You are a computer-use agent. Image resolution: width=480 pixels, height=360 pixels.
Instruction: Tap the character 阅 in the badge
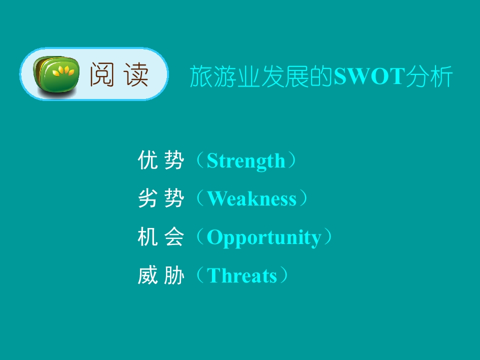click(x=102, y=74)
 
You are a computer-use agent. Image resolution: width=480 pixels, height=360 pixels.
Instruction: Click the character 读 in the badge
click(x=136, y=74)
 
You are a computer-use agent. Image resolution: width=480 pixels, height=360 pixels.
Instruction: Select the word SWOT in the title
click(x=369, y=76)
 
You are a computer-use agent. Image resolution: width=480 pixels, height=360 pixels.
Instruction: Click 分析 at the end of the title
click(x=429, y=76)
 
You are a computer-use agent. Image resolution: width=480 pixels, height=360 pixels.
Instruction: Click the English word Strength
click(x=246, y=160)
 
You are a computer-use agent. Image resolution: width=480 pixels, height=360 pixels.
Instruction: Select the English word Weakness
click(x=252, y=198)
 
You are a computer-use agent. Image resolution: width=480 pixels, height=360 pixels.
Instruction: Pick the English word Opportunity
click(x=264, y=237)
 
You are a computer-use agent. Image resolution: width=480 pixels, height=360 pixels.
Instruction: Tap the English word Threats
click(x=242, y=275)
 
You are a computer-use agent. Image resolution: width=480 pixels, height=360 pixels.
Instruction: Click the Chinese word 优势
click(x=161, y=160)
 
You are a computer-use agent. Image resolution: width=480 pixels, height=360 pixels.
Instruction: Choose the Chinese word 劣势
click(x=161, y=198)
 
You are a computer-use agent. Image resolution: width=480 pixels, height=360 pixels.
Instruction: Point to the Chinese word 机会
click(x=161, y=236)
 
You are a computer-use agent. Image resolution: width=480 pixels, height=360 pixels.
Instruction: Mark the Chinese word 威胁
click(x=161, y=275)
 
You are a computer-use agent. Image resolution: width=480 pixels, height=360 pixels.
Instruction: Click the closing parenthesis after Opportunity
click(x=328, y=236)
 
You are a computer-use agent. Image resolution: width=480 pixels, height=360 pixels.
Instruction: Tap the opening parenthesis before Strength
click(x=200, y=160)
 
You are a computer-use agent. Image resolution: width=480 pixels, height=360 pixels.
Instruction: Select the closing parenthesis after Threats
click(x=284, y=275)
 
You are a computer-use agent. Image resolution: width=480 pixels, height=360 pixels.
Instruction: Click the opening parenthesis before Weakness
click(x=200, y=198)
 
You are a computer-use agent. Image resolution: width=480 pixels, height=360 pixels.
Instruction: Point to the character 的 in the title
click(x=321, y=76)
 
